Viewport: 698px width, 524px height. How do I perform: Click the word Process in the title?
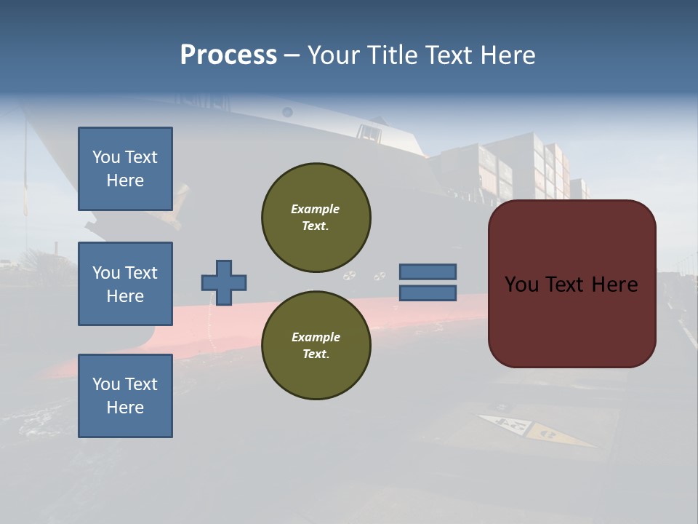[x=228, y=55]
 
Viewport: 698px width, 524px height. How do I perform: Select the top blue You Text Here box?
[x=125, y=169]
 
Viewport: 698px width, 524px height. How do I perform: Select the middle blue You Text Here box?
[x=125, y=284]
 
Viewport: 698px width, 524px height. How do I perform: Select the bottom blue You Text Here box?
[x=125, y=395]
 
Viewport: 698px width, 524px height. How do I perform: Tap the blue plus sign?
[x=224, y=282]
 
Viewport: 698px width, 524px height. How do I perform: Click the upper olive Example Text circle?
[x=316, y=218]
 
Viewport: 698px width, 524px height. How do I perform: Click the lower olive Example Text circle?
[x=316, y=346]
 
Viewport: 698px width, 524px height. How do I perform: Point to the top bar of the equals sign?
[x=428, y=271]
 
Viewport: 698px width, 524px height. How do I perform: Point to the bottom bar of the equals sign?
[x=428, y=293]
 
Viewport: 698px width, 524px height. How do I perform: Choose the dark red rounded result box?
[x=571, y=320]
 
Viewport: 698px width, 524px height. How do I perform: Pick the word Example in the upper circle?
[x=316, y=210]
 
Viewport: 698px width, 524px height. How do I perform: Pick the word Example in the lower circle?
[x=316, y=338]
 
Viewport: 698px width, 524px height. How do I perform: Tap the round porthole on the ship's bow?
[x=287, y=112]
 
